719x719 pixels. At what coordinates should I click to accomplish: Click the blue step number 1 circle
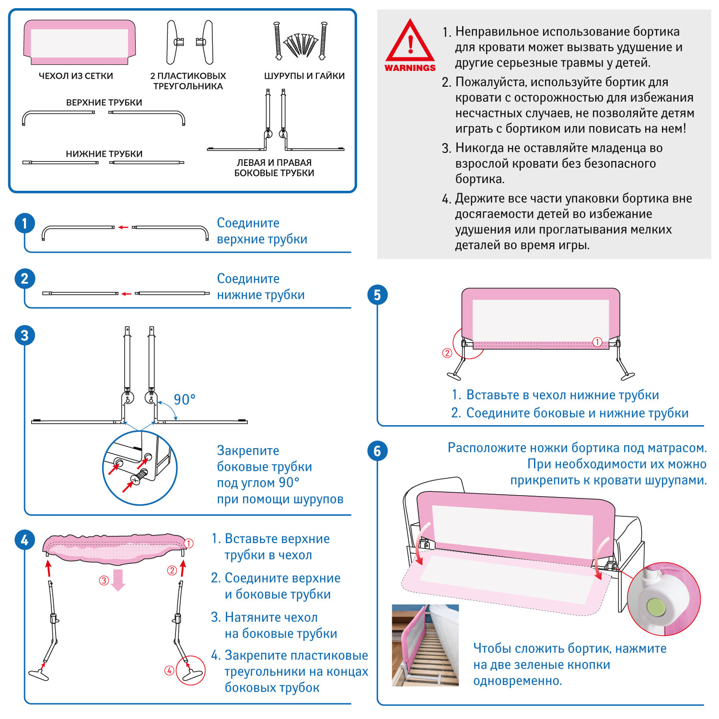(x=24, y=223)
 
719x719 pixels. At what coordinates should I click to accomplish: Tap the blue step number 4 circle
(x=24, y=540)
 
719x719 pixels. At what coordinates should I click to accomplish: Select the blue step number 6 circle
(x=377, y=451)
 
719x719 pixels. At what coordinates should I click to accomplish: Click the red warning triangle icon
(x=410, y=42)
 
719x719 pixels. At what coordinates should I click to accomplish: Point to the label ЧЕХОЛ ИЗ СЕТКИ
(x=76, y=76)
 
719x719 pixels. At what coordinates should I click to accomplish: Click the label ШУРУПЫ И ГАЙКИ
(x=304, y=76)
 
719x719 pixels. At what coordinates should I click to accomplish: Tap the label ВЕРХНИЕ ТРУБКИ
(x=104, y=103)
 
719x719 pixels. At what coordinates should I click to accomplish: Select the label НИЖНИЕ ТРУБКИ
(x=104, y=154)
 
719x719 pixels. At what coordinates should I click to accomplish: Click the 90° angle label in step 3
(x=185, y=399)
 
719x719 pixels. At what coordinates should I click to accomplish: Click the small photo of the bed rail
(x=425, y=645)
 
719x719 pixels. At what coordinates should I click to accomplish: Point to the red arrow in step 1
(x=123, y=227)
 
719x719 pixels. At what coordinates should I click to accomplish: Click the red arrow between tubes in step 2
(x=126, y=293)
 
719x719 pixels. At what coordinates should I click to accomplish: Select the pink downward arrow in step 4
(x=118, y=580)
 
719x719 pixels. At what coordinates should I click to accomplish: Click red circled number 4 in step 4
(x=169, y=671)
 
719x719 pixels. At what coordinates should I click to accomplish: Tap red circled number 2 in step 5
(x=447, y=353)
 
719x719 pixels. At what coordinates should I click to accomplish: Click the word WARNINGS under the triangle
(x=410, y=68)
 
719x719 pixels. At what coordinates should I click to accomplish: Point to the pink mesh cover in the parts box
(x=80, y=42)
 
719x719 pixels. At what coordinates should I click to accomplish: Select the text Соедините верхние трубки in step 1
(x=262, y=231)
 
